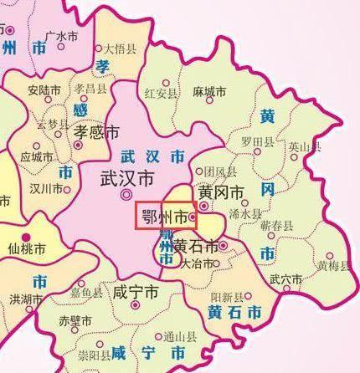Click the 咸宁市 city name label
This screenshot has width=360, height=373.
[135, 294]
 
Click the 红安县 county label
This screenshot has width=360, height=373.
[161, 92]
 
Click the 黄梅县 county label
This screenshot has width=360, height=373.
[332, 267]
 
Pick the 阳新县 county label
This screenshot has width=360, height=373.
[227, 297]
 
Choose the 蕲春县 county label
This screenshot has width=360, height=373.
[275, 225]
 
